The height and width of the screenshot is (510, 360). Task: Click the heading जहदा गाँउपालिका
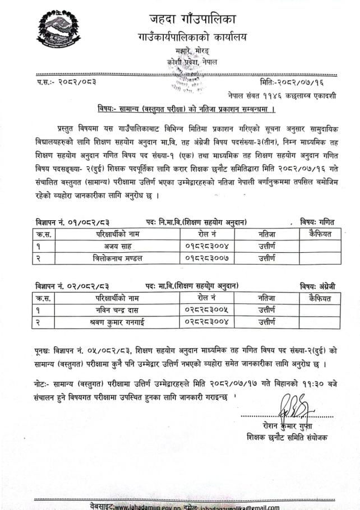[x=192, y=17]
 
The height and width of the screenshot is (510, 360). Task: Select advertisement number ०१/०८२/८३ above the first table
[x=84, y=221]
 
